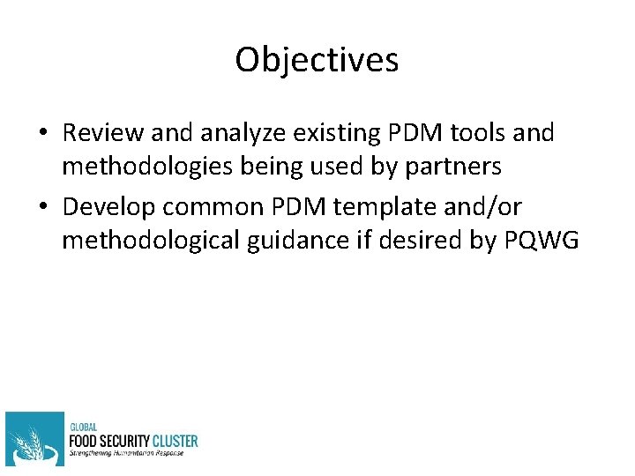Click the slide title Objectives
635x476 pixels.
[317, 60]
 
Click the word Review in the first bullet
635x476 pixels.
[103, 134]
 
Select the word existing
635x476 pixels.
[343, 134]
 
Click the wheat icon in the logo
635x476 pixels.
[34, 439]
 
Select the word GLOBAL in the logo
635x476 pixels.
[84, 427]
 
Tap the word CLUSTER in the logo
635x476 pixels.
[173, 441]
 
